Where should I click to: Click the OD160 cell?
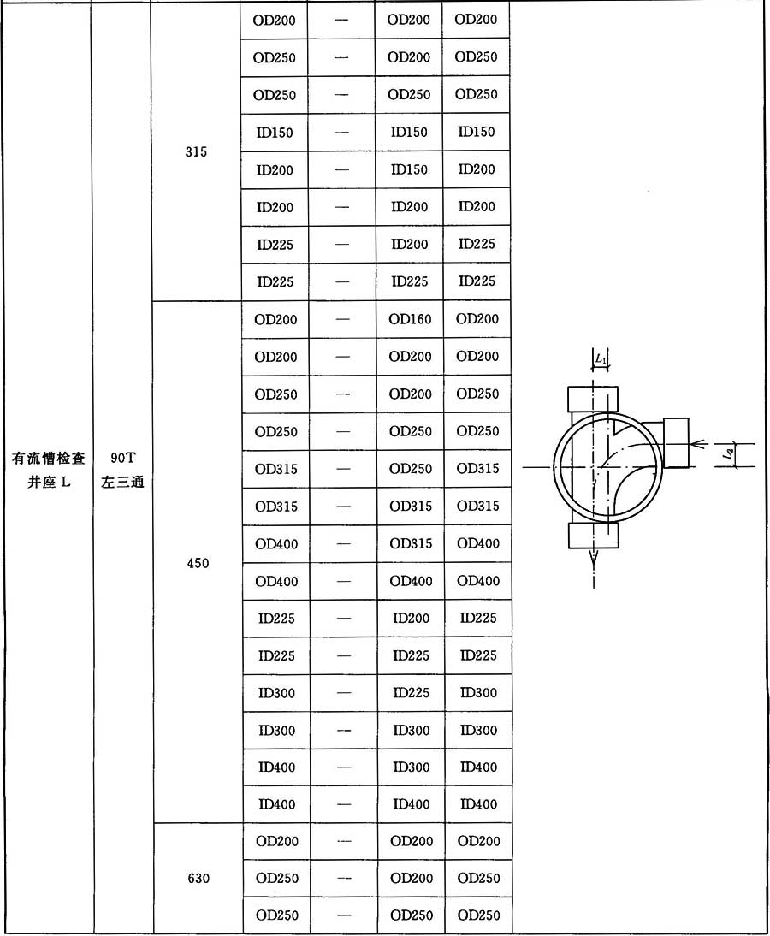pos(410,319)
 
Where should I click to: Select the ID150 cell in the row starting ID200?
pos(409,169)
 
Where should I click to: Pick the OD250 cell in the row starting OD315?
pos(411,469)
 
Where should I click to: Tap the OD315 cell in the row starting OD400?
pos(411,543)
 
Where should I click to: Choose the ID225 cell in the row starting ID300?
pos(411,693)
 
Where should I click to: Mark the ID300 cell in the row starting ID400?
pos(411,767)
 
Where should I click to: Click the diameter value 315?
pos(196,151)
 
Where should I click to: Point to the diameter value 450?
pos(198,563)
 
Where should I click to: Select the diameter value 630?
pos(198,878)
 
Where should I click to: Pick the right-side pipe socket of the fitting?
pos(676,442)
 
